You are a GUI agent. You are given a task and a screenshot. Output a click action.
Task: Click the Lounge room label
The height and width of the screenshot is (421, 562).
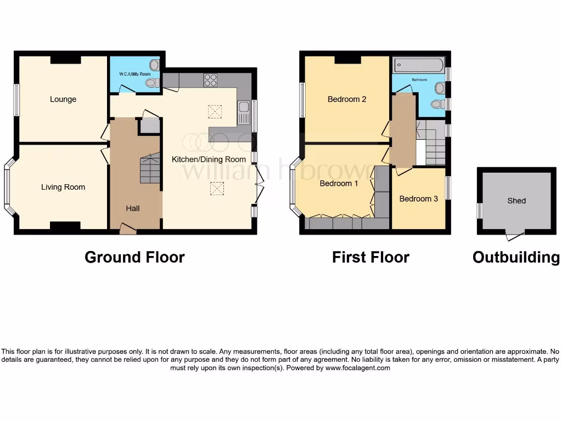click(x=63, y=99)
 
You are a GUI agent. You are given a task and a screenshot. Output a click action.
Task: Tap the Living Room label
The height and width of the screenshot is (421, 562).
click(x=63, y=187)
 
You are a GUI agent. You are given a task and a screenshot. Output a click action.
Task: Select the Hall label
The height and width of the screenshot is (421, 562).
click(x=133, y=208)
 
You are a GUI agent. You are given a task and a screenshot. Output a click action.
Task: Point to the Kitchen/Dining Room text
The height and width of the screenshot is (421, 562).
click(x=209, y=159)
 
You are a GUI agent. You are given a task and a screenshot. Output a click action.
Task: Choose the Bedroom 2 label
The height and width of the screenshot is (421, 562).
click(x=347, y=99)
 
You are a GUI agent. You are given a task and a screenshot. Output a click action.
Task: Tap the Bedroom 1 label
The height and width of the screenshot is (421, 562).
click(x=339, y=183)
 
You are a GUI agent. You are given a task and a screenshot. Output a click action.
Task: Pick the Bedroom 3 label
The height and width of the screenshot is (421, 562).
click(x=419, y=198)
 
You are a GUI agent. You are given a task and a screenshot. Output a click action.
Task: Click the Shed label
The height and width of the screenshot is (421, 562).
click(x=516, y=201)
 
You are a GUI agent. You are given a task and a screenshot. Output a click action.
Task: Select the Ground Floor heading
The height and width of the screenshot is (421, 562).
click(x=134, y=257)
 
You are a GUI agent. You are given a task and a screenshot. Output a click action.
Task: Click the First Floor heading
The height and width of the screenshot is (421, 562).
click(x=370, y=257)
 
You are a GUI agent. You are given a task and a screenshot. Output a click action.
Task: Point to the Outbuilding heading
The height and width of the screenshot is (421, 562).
click(x=516, y=257)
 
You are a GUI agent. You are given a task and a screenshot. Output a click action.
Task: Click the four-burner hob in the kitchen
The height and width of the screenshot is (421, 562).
click(x=210, y=80)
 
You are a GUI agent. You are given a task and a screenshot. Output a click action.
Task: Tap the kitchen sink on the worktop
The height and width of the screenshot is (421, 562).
click(x=244, y=112)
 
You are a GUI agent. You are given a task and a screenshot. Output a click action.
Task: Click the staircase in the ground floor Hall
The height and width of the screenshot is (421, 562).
click(x=150, y=168)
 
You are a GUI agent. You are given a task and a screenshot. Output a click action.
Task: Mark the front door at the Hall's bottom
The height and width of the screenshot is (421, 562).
click(x=128, y=230)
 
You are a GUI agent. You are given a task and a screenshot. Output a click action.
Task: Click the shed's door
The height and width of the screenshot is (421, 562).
click(x=515, y=236)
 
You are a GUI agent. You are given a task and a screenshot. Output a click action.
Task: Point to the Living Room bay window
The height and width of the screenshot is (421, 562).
click(x=8, y=187)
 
